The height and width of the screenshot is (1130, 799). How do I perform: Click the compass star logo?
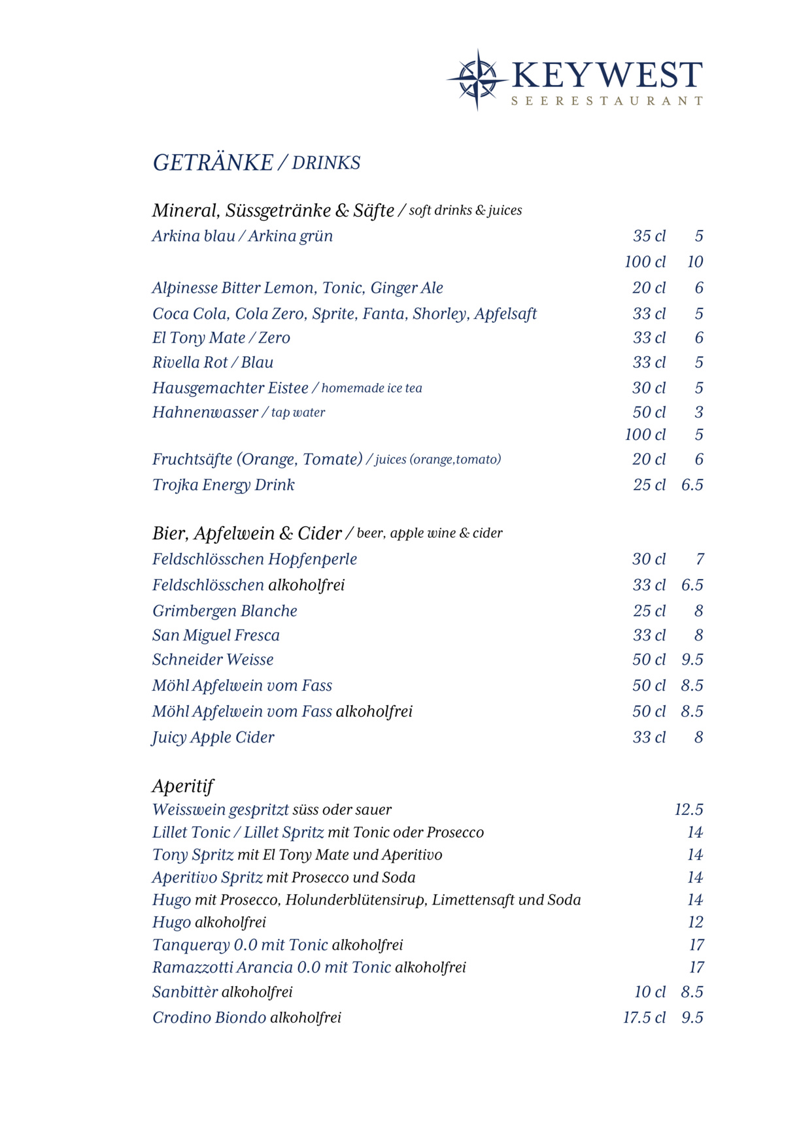[477, 79]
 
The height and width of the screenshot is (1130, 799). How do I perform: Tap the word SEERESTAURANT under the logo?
[607, 101]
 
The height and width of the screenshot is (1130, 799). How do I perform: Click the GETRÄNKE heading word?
[213, 163]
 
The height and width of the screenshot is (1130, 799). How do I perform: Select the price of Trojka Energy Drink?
[692, 485]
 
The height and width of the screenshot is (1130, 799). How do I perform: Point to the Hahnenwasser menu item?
[205, 412]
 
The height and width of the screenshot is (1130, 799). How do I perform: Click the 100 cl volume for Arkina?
[645, 262]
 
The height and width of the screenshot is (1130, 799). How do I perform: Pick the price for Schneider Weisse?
[692, 660]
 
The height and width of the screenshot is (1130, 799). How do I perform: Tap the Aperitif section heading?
[183, 786]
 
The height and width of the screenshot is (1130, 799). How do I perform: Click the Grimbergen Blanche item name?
[225, 611]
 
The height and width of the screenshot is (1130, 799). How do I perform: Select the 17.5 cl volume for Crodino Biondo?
[644, 1018]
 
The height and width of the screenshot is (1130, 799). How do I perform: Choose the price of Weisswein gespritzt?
[688, 810]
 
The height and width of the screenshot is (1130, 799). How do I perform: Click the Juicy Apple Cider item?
[213, 737]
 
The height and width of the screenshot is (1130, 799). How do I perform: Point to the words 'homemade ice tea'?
[371, 388]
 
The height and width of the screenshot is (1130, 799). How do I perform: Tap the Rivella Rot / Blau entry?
[213, 363]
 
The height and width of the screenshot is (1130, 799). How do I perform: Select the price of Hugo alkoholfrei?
[695, 922]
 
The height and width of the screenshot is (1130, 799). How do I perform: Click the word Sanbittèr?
[185, 992]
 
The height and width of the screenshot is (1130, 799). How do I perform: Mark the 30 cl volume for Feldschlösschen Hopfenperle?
[649, 559]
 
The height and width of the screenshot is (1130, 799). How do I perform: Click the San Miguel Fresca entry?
[216, 635]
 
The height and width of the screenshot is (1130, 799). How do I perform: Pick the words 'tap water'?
[298, 412]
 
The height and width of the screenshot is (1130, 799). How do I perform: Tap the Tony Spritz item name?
[193, 855]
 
